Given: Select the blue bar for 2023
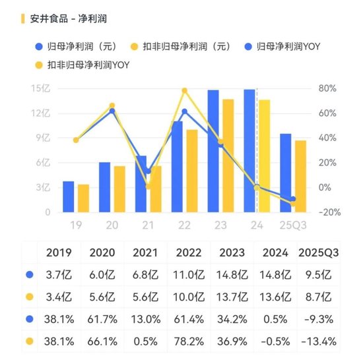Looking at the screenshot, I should pyautogui.click(x=213, y=152).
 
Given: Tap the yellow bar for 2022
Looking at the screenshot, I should pyautogui.click(x=191, y=171).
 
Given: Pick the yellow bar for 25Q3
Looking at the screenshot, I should pyautogui.click(x=300, y=177).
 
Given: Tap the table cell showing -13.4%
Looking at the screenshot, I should pyautogui.click(x=319, y=342).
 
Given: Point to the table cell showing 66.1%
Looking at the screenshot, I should pyautogui.click(x=104, y=342).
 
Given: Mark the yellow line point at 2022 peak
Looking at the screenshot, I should pyautogui.click(x=184, y=91).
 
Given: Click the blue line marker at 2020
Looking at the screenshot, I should pyautogui.click(x=112, y=111).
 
